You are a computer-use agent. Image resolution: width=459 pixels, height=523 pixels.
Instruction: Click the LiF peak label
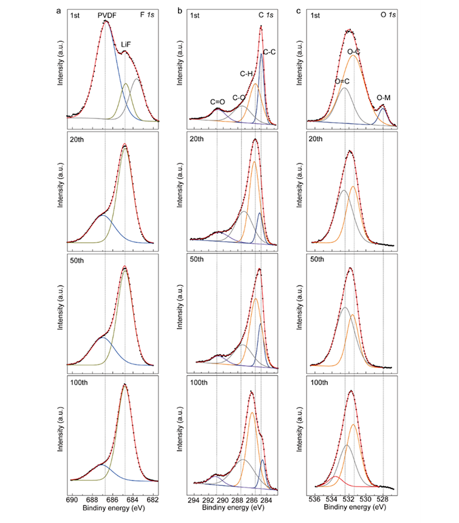tap(126, 45)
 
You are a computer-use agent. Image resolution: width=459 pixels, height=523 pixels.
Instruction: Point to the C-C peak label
tap(269, 52)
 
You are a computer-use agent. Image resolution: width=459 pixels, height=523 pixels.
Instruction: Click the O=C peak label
tap(343, 81)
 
